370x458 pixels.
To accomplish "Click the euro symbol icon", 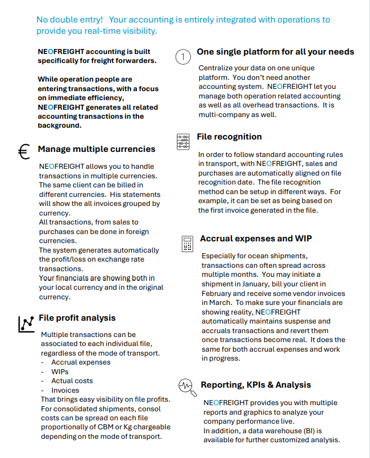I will [24, 152].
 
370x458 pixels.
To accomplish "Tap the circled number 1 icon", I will [184, 57].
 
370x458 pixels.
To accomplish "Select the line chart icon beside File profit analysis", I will [26, 323].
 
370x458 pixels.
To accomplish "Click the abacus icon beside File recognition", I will [183, 141].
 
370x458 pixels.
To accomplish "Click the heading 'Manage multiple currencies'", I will [96, 149].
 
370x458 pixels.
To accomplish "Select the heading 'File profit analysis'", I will [77, 318].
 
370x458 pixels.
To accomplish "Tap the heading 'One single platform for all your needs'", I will [275, 52].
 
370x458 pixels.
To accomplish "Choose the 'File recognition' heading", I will [229, 137].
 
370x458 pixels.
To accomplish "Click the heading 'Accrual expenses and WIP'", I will [256, 239].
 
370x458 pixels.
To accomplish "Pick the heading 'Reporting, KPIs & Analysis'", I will [256, 385].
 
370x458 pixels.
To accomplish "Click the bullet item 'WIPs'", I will [60, 372].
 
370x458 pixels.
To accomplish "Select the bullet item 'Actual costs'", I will [72, 381].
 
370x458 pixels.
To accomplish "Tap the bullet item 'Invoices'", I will [65, 390].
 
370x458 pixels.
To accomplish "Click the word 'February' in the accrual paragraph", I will [217, 294].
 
